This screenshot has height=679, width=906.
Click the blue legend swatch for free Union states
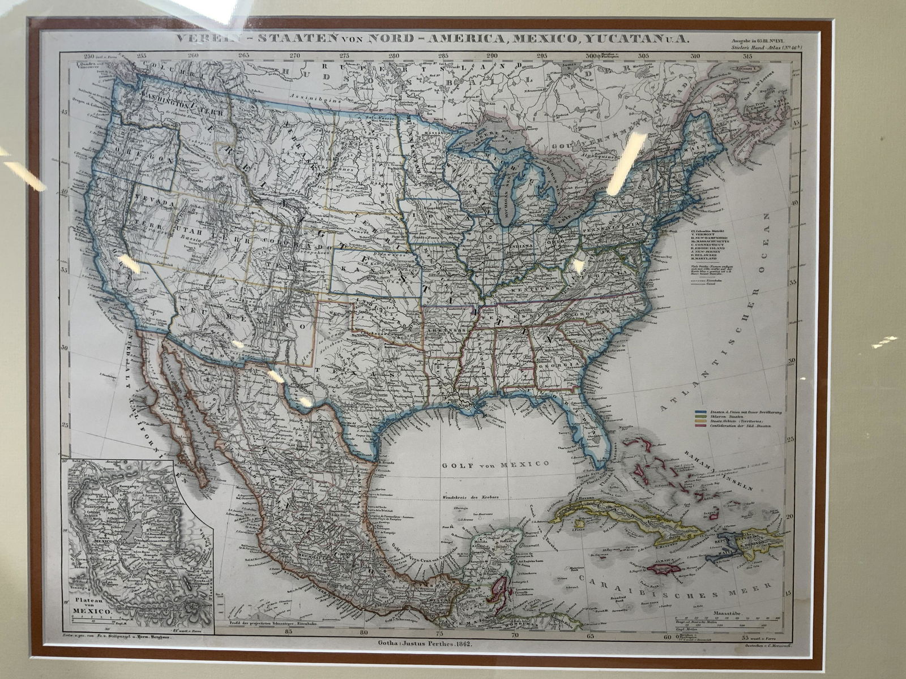[701, 412]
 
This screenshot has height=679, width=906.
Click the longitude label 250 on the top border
[88, 57]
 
